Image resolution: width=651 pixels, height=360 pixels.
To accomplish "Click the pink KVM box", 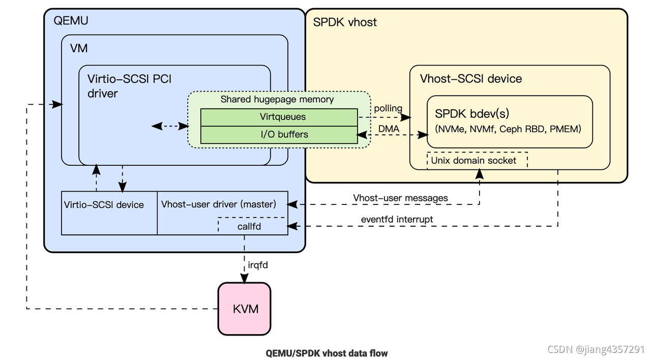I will (244, 309).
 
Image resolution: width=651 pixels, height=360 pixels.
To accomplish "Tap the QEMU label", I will (71, 21).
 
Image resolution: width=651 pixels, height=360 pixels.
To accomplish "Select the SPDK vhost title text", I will (345, 22).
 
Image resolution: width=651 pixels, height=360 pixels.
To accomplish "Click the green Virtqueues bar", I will (279, 117).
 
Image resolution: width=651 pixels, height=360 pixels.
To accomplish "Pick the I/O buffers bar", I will (279, 135).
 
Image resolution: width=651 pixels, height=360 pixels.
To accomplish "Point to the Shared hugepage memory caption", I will (277, 99).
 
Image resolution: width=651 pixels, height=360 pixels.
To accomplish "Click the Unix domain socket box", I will (474, 161).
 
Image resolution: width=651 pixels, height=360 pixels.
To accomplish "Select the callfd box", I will (249, 226).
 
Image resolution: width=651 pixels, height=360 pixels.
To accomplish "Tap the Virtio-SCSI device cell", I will (104, 205).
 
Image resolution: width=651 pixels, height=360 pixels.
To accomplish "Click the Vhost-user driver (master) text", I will (218, 204).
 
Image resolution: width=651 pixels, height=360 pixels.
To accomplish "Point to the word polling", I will (388, 108).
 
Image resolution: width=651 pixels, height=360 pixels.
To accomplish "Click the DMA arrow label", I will (389, 129).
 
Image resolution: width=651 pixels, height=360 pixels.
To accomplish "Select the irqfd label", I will (258, 265).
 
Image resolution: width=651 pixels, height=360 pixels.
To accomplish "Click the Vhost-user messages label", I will (400, 198).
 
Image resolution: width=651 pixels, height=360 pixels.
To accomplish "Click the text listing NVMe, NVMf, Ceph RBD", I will (508, 129).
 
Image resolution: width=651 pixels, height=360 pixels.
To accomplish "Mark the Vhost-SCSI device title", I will (470, 79).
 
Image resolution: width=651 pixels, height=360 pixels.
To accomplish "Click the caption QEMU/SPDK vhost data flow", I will (327, 352).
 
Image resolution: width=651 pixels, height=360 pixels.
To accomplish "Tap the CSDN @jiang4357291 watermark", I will (596, 349).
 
